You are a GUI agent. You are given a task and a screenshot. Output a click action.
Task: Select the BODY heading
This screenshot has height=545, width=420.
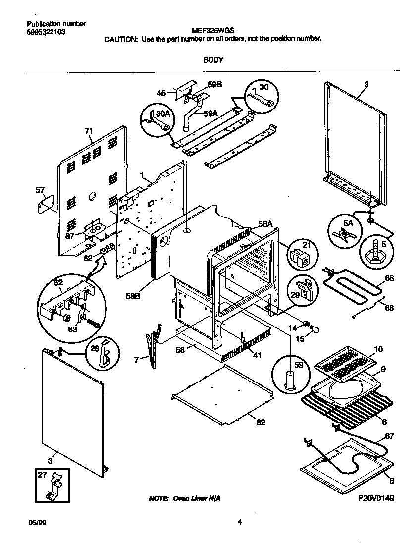213,60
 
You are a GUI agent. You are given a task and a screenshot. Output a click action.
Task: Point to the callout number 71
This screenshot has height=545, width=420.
89,131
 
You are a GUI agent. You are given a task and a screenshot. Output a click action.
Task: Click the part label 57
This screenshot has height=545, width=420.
40,189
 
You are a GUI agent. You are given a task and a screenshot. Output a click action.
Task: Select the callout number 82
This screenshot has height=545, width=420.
261,422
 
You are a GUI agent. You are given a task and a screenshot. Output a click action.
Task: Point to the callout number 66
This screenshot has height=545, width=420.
390,279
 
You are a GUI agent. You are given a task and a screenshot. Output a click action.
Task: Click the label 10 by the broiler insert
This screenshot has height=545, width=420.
378,350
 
